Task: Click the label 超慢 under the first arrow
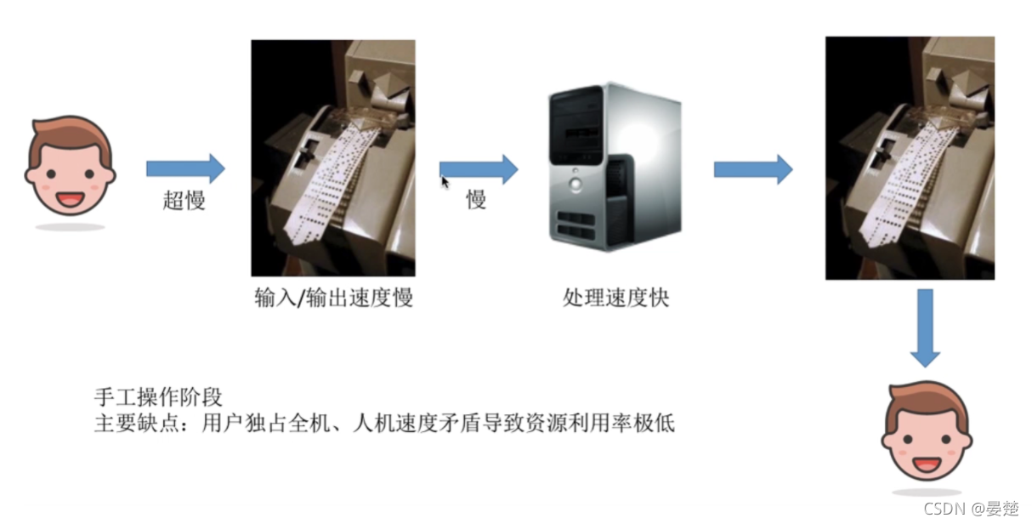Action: pyautogui.click(x=184, y=201)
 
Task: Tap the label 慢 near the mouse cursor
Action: pyautogui.click(x=475, y=200)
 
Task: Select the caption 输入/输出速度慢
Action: pyautogui.click(x=333, y=298)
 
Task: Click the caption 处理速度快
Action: pyautogui.click(x=615, y=298)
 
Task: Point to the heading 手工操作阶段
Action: pyautogui.click(x=158, y=397)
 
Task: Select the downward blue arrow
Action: pyautogui.click(x=925, y=327)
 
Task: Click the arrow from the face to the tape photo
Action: pyautogui.click(x=184, y=168)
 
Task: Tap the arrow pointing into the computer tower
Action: pyautogui.click(x=479, y=168)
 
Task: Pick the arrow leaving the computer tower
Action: pyautogui.click(x=752, y=168)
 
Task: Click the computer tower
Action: pyautogui.click(x=614, y=166)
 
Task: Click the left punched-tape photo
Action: pyautogui.click(x=332, y=157)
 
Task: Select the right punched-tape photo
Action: pyautogui.click(x=910, y=158)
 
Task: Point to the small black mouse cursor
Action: pyautogui.click(x=445, y=181)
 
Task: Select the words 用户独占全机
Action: pyautogui.click(x=252, y=423)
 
